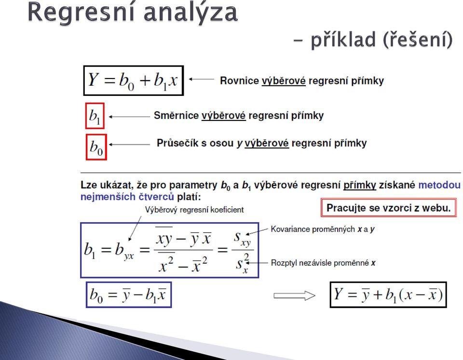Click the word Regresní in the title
(82, 13)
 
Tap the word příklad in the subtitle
(343, 40)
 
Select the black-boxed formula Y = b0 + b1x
(134, 80)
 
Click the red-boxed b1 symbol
(95, 116)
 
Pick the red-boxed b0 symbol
(96, 147)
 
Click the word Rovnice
(239, 80)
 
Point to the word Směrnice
(177, 115)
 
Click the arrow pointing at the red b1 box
(129, 117)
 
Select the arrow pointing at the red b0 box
(129, 144)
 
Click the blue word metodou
(439, 185)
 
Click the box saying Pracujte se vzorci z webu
(389, 208)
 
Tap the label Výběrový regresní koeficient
(194, 210)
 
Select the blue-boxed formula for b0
(129, 295)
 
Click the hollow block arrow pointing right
(294, 296)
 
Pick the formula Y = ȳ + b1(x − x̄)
(388, 295)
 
